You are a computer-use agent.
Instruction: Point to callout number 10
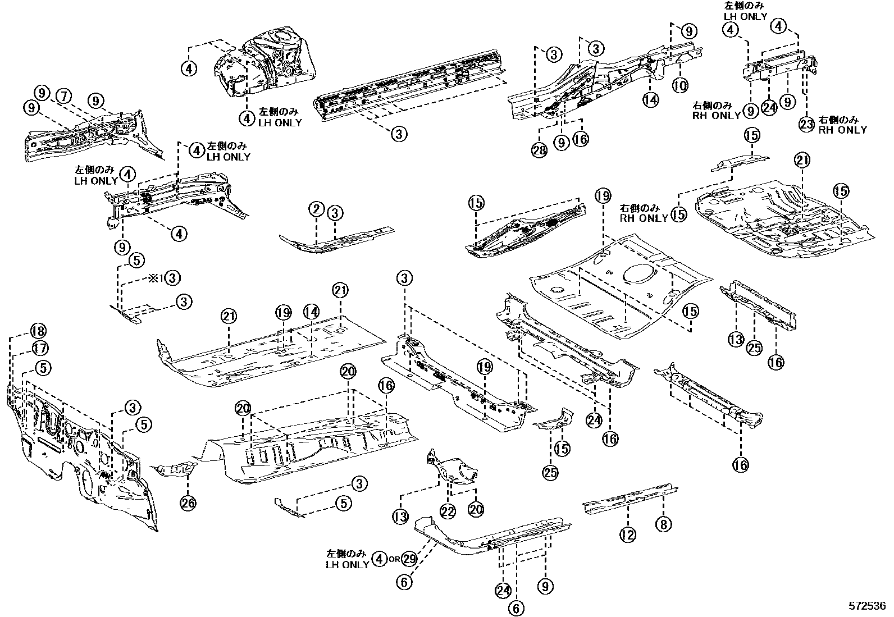[680, 85]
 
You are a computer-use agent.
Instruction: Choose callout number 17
[40, 349]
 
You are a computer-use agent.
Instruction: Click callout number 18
[39, 331]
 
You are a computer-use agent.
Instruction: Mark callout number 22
[447, 511]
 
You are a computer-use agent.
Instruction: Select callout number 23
[806, 124]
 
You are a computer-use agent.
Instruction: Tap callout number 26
[188, 503]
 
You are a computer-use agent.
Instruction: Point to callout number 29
[409, 559]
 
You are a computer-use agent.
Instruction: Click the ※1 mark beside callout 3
[155, 277]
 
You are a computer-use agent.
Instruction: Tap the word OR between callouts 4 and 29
[394, 560]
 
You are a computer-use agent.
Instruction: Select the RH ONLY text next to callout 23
[842, 130]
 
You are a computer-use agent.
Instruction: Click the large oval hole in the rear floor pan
[638, 273]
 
